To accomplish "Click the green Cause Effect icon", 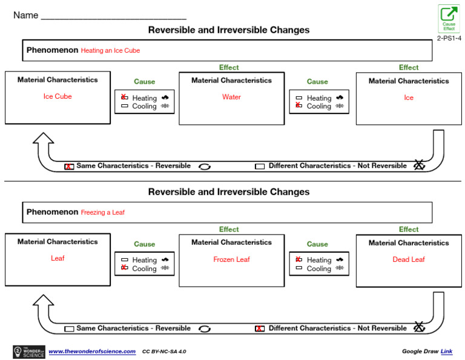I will point(449,18).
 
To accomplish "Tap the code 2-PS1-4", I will point(449,38).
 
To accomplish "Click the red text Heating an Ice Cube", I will point(110,51).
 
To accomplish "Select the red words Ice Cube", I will point(58,96).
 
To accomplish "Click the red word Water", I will point(231,97).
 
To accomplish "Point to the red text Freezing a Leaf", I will point(103,213).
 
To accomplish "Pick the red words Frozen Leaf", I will point(231,259).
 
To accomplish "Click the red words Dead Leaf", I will point(409,259).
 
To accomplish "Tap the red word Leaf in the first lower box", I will point(58,258).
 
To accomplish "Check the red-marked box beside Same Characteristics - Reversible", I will point(70,166).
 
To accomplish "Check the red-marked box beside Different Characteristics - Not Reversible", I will point(260,328).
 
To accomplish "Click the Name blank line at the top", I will point(113,16).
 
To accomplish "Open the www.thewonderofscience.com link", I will point(92,352).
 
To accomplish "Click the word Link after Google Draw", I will point(446,352).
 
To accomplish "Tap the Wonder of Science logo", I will point(28,352).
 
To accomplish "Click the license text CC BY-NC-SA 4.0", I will point(164,352).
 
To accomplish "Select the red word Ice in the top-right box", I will point(409,98).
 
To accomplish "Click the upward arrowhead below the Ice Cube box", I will point(42,141).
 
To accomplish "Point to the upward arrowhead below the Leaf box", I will point(42,301).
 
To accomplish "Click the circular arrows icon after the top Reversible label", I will point(205,167).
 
